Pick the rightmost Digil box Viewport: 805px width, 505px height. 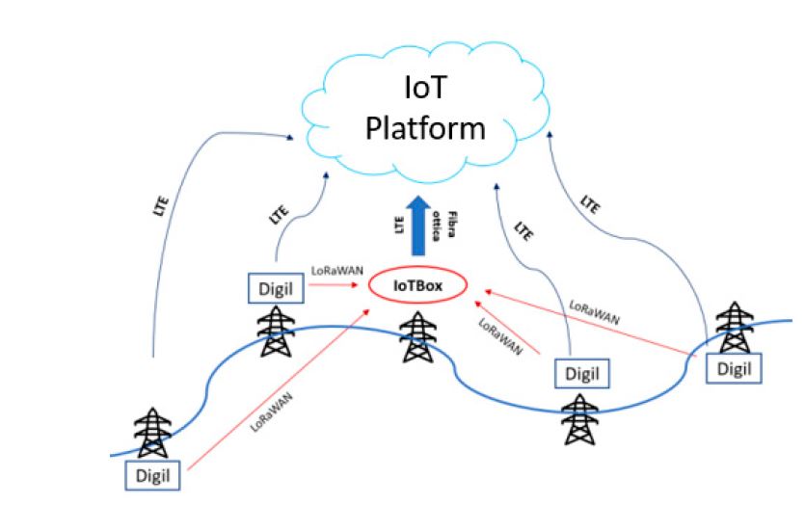733,369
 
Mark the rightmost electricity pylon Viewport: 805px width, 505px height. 737,328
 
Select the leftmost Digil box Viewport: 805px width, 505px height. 152,475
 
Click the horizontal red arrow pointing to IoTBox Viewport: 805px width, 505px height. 338,286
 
